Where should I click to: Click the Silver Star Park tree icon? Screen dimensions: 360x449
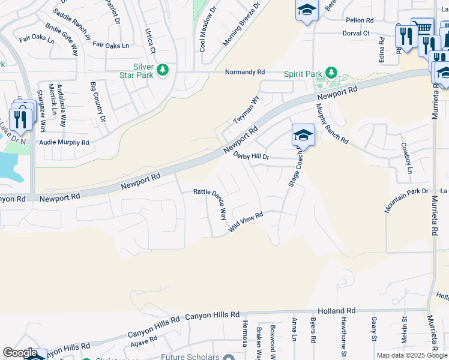tap(162, 71)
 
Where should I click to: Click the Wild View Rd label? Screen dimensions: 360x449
tap(246, 223)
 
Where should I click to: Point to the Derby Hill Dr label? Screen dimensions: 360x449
tap(252, 157)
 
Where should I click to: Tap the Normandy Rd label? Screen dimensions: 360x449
tap(244, 72)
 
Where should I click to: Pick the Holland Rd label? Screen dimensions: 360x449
tap(339, 311)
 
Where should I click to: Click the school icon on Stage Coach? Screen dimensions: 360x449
tap(303, 135)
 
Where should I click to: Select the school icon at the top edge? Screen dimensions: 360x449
tap(306, 10)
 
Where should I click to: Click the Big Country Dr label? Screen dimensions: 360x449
tap(97, 102)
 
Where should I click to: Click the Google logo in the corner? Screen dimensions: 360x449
tap(20, 353)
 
